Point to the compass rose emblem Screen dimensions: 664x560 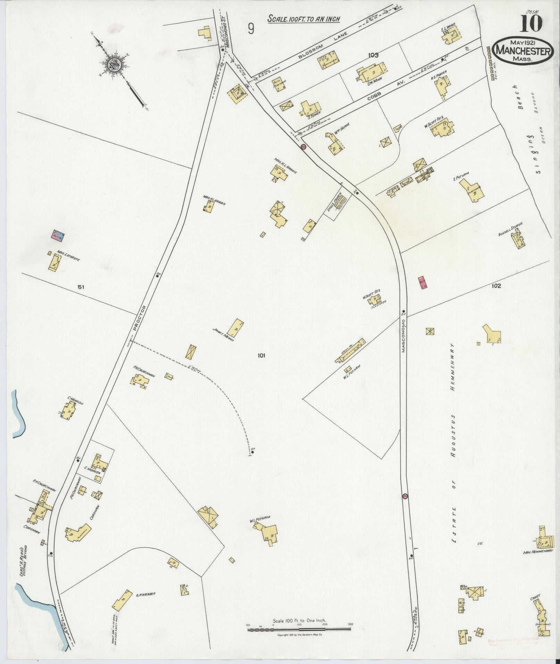(114, 64)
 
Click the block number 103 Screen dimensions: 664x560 (374, 55)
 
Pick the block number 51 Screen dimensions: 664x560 (81, 287)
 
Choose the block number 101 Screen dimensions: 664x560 (261, 355)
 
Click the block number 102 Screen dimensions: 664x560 (496, 286)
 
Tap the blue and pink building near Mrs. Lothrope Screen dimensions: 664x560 (58, 236)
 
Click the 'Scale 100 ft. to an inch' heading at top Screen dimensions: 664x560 (303, 19)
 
